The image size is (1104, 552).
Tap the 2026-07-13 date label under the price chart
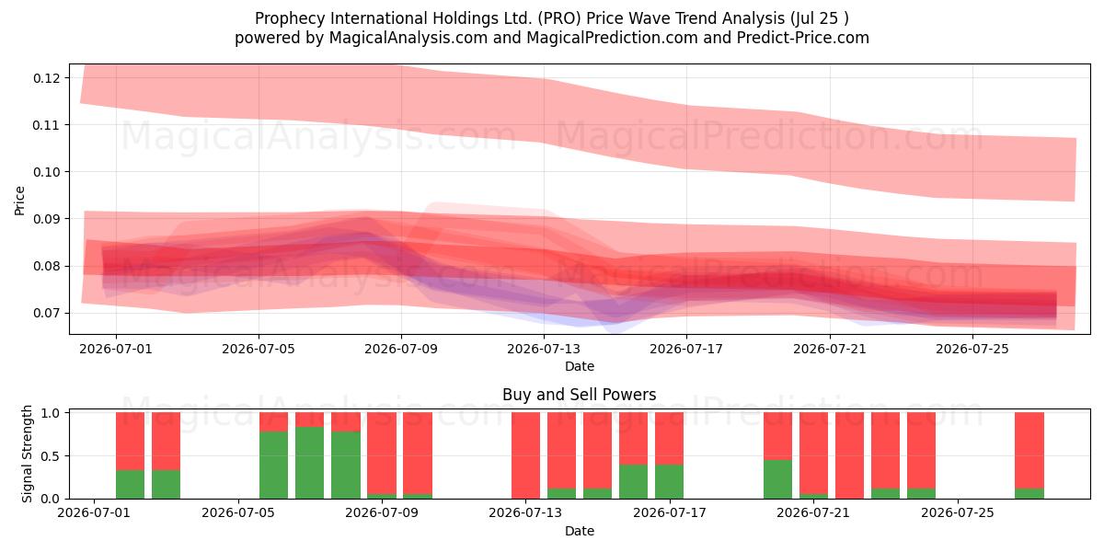click(544, 349)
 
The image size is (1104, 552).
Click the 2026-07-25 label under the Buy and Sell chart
click(958, 513)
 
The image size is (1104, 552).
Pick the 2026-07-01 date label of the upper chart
click(116, 349)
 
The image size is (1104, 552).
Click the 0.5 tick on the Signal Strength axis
click(51, 456)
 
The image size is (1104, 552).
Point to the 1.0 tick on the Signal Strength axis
click(51, 413)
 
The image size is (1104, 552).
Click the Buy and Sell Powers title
click(579, 395)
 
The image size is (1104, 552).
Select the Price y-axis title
click(19, 201)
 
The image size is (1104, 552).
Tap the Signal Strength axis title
click(27, 454)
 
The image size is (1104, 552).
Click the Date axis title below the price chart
click(579, 366)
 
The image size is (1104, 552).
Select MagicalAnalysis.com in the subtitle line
click(408, 38)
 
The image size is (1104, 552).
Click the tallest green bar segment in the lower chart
click(309, 463)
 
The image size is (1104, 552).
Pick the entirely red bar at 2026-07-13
click(525, 455)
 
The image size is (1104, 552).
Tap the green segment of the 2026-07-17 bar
click(670, 481)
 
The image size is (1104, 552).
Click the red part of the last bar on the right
click(1029, 451)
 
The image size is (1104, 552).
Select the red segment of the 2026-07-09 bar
click(382, 453)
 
